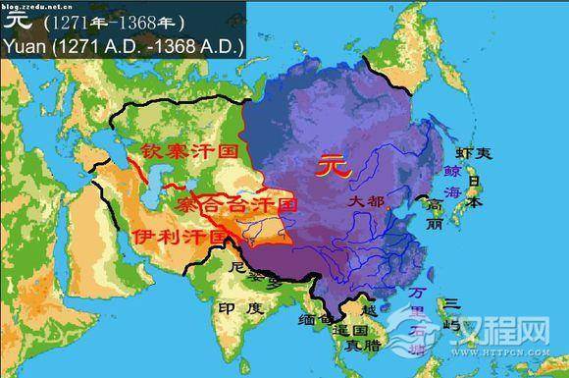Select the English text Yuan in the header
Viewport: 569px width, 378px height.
pyautogui.click(x=25, y=45)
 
